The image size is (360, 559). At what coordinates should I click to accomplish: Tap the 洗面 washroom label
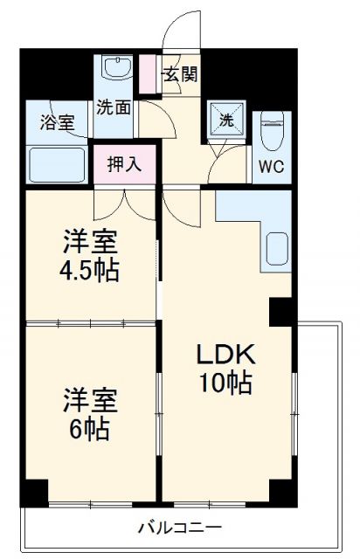click(114, 109)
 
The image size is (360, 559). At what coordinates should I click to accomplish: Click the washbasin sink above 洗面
click(114, 69)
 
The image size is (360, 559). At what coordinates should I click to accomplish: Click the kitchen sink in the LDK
click(277, 248)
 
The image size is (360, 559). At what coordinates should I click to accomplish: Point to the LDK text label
click(224, 355)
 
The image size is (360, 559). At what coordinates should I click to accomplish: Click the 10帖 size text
click(224, 382)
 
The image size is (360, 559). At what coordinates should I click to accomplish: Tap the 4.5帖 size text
click(90, 268)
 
